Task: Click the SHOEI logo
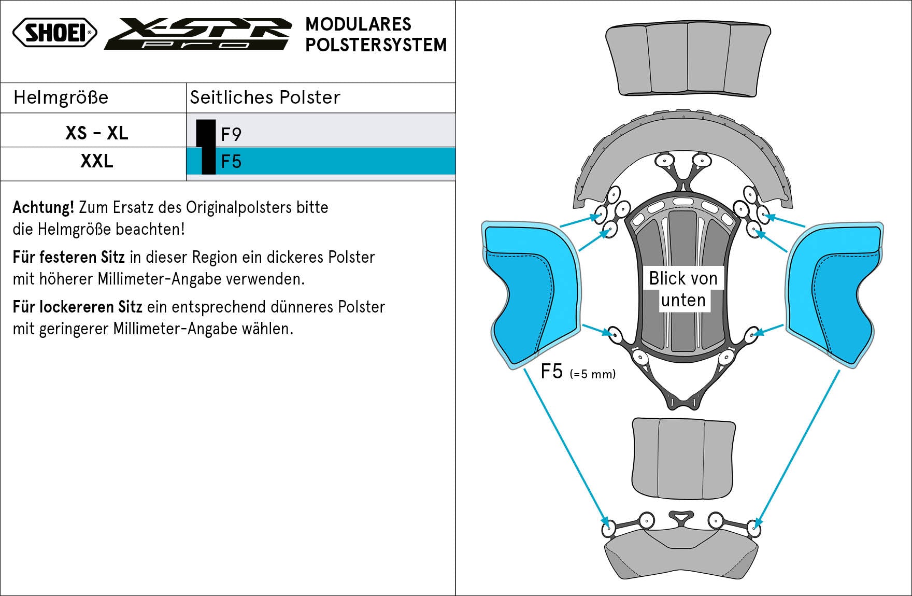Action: [x=55, y=33]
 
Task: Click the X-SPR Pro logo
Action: [x=198, y=34]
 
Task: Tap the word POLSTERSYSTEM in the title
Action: [x=376, y=45]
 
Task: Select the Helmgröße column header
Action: [x=61, y=97]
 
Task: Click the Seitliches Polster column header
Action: [x=265, y=97]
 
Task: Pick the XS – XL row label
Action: [x=96, y=133]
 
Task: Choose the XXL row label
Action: [x=96, y=161]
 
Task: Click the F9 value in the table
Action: [x=231, y=134]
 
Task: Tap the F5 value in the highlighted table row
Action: [x=231, y=162]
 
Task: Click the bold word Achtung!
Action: [x=44, y=207]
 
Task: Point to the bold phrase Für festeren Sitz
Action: [x=69, y=257]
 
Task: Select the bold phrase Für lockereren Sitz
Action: [x=77, y=307]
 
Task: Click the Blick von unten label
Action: [x=683, y=289]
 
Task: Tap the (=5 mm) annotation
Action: [x=592, y=374]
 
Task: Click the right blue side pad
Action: [x=833, y=293]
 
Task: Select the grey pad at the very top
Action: [x=688, y=60]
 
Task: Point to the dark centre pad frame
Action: [x=683, y=244]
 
